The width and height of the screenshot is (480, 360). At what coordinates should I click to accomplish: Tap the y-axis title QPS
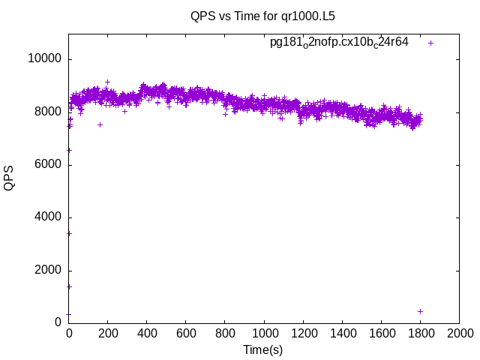pos(10,178)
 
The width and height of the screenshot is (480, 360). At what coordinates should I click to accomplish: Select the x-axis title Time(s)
pos(262,349)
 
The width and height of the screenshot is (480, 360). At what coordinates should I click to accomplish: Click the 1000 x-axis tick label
pos(264,334)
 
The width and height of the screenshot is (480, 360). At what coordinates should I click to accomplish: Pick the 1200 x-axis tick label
pos(303,334)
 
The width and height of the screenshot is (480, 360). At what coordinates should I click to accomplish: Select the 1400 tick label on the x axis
pos(342,334)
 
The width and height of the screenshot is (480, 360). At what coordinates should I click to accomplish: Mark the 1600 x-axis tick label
pos(381,334)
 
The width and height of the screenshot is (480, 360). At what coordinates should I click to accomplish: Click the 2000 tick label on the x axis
pos(459,334)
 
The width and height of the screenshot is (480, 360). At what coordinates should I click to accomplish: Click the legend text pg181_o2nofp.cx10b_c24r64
pos(339,42)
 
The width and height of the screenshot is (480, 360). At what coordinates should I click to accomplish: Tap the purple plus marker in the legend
pos(431,43)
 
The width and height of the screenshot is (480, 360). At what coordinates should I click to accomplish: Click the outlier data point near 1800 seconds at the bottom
pos(420,311)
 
